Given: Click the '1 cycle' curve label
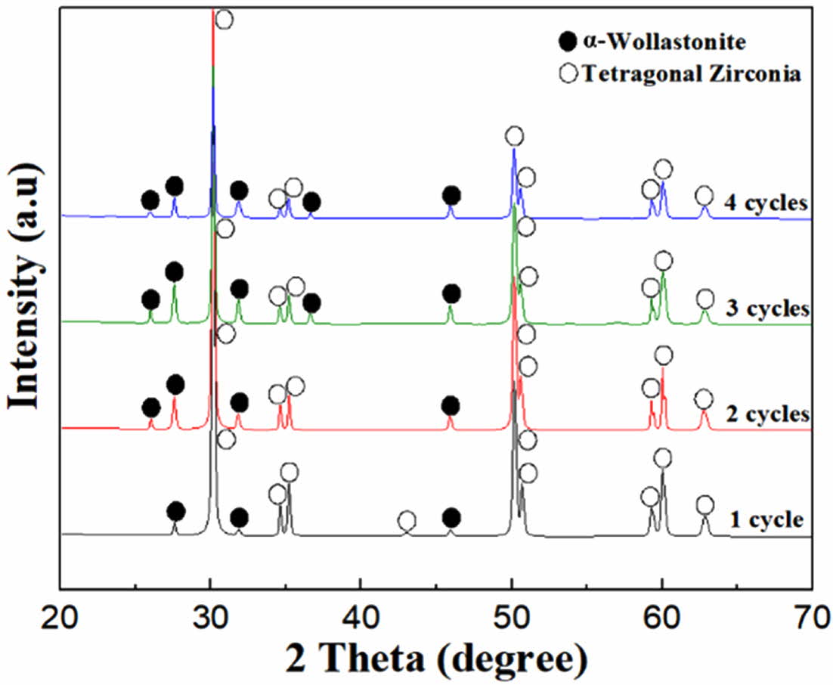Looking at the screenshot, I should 765,519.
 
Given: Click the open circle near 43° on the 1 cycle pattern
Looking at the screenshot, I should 407,520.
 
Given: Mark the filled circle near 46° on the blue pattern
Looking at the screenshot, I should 451,196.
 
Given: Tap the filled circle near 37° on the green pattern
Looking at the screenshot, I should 311,303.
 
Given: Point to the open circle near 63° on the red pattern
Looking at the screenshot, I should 704,399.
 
